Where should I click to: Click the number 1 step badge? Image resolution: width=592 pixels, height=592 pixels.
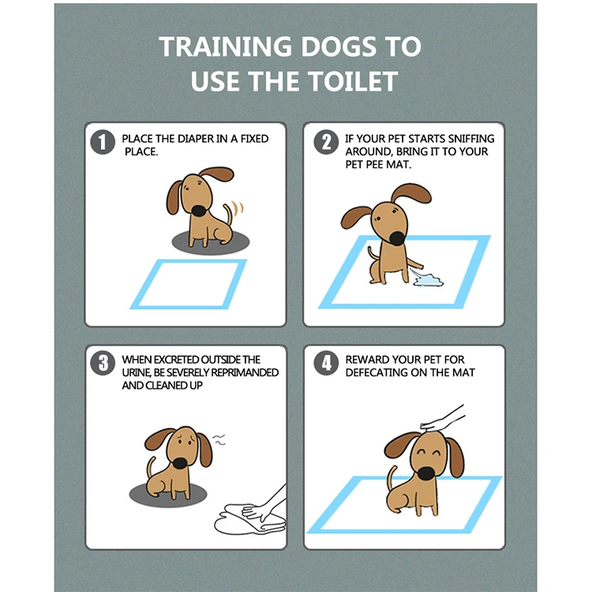pyautogui.click(x=102, y=143)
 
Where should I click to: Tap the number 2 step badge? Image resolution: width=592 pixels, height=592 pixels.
pyautogui.click(x=325, y=143)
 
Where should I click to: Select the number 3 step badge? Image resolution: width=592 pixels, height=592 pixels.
pyautogui.click(x=102, y=364)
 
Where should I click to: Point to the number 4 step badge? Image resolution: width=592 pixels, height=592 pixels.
pyautogui.click(x=325, y=364)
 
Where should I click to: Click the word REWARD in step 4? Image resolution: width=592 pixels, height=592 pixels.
pyautogui.click(x=369, y=360)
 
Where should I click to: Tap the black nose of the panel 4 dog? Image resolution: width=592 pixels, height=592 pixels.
pyautogui.click(x=426, y=473)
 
